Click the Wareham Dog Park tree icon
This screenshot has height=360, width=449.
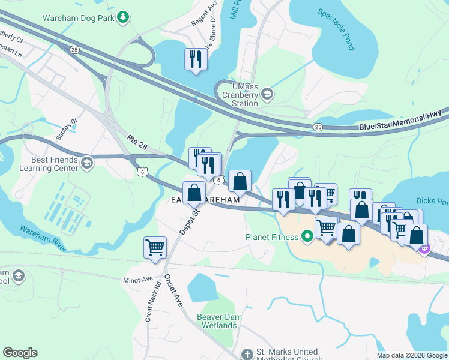pyautogui.click(x=123, y=17)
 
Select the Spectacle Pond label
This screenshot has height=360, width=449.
pyautogui.click(x=337, y=29)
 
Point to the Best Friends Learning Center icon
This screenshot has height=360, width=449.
pyautogui.click(x=87, y=163)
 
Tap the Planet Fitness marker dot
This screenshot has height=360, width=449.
pyautogui.click(x=307, y=236)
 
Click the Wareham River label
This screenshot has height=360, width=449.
pyautogui.click(x=43, y=237)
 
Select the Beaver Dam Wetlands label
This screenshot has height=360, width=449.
pyautogui.click(x=217, y=321)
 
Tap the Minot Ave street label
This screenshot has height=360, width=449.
pyautogui.click(x=139, y=280)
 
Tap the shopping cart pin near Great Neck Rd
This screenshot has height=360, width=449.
pyautogui.click(x=155, y=247)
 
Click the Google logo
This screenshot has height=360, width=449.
pyautogui.click(x=20, y=353)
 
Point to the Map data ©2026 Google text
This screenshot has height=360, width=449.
pyautogui.click(x=411, y=355)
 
